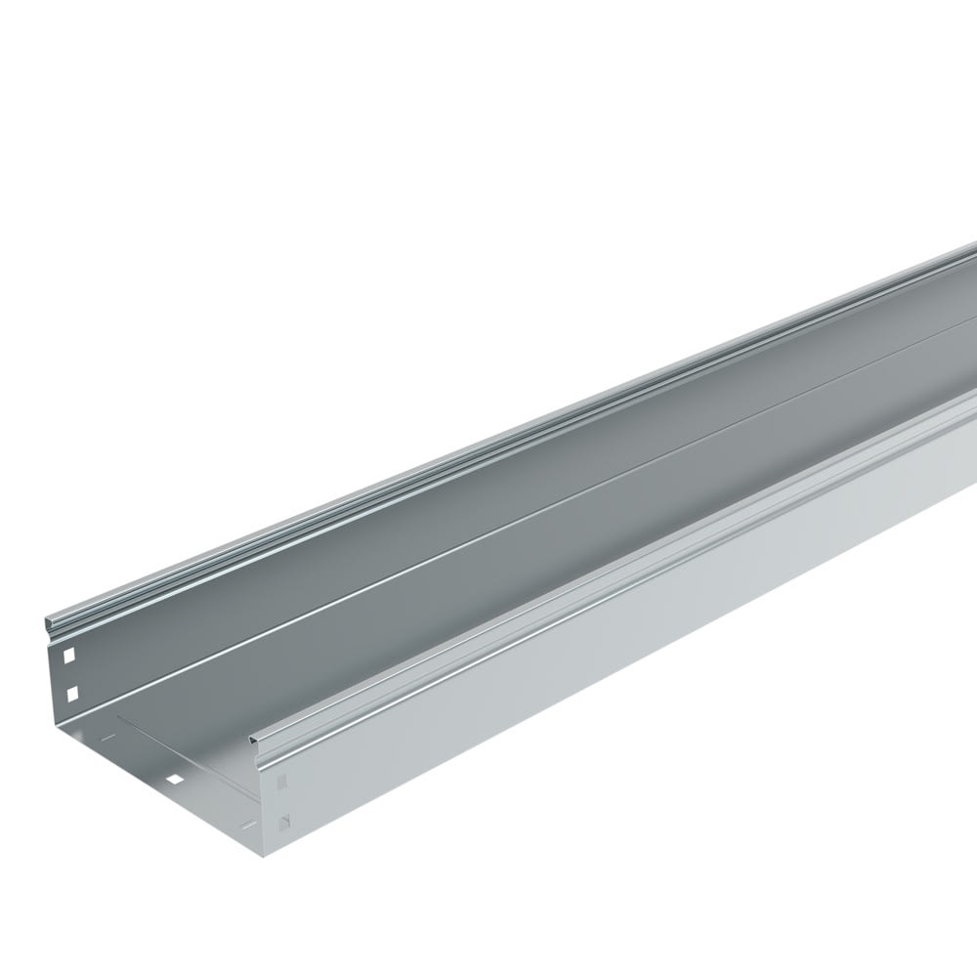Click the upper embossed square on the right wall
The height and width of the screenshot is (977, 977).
point(282,782)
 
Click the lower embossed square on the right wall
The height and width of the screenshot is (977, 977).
point(283,823)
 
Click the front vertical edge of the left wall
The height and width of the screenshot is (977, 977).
point(51,684)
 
